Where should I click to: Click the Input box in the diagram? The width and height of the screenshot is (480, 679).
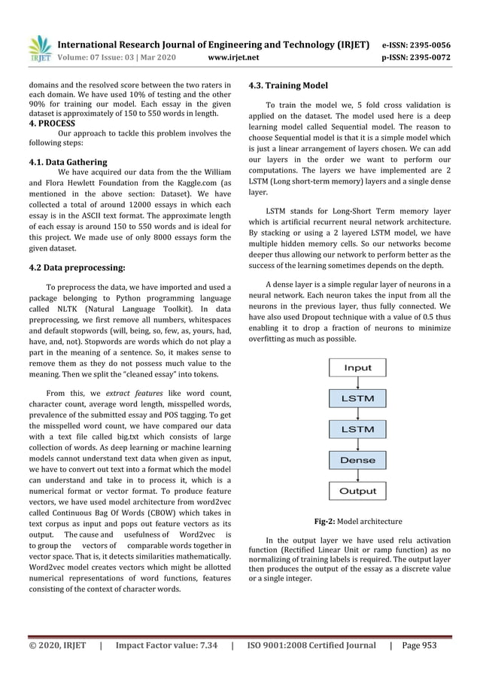[x=357, y=368]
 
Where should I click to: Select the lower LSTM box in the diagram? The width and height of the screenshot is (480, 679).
[x=357, y=429]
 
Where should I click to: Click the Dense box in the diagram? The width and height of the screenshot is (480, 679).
[x=357, y=460]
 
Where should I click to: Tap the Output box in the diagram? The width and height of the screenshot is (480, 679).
[x=357, y=491]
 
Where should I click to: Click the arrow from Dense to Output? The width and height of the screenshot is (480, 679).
[x=357, y=476]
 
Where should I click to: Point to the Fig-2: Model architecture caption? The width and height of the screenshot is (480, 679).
[x=357, y=521]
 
